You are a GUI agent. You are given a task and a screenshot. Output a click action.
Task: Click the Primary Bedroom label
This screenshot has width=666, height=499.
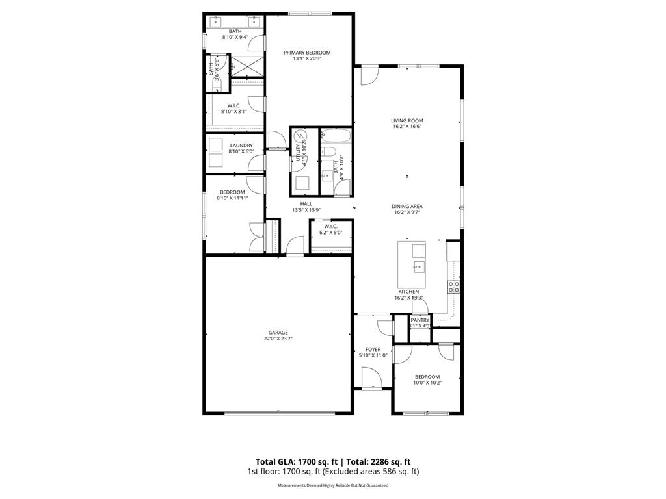[x=307, y=53]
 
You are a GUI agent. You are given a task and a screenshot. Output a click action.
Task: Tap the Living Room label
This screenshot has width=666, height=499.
[x=407, y=120]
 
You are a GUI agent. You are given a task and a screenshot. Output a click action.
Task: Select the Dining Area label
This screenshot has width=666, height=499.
[x=408, y=206]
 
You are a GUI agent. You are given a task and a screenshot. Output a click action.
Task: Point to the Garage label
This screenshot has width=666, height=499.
[x=278, y=333]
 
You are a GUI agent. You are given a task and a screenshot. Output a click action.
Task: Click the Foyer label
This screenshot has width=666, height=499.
[x=373, y=350]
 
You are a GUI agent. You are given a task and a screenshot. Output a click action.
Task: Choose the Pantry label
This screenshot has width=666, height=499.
[x=420, y=320]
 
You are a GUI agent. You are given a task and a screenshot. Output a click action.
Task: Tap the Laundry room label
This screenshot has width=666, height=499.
[x=241, y=146]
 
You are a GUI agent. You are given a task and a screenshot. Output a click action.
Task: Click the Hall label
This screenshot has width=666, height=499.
[x=306, y=203]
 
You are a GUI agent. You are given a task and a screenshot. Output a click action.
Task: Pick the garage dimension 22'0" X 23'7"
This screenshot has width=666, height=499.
[x=278, y=339]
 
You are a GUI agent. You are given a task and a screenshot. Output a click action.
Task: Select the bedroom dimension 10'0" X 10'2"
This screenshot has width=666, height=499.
[x=427, y=383]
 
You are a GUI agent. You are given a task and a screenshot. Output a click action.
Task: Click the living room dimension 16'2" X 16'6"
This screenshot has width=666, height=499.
[x=408, y=127]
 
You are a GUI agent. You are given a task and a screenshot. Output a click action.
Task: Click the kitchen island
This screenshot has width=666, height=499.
[x=412, y=265]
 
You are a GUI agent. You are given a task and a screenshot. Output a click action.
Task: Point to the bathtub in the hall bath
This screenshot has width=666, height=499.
[x=336, y=136]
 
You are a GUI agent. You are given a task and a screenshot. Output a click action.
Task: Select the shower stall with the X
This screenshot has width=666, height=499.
[x=246, y=66]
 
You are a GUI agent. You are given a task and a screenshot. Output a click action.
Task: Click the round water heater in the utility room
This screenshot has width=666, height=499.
[x=301, y=138]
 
